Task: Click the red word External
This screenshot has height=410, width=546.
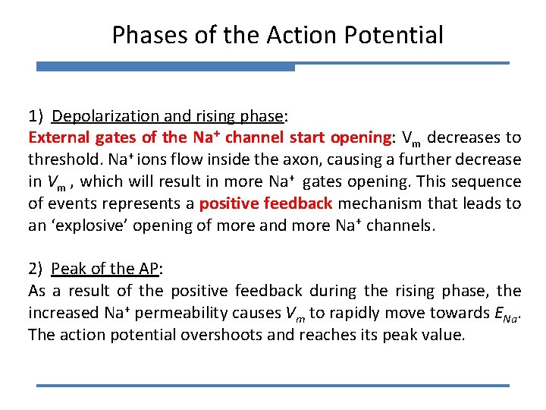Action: [59, 137]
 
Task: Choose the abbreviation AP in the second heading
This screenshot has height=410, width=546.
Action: [149, 269]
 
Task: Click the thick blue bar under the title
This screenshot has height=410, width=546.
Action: [165, 68]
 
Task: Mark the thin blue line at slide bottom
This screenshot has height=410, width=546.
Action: [273, 386]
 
